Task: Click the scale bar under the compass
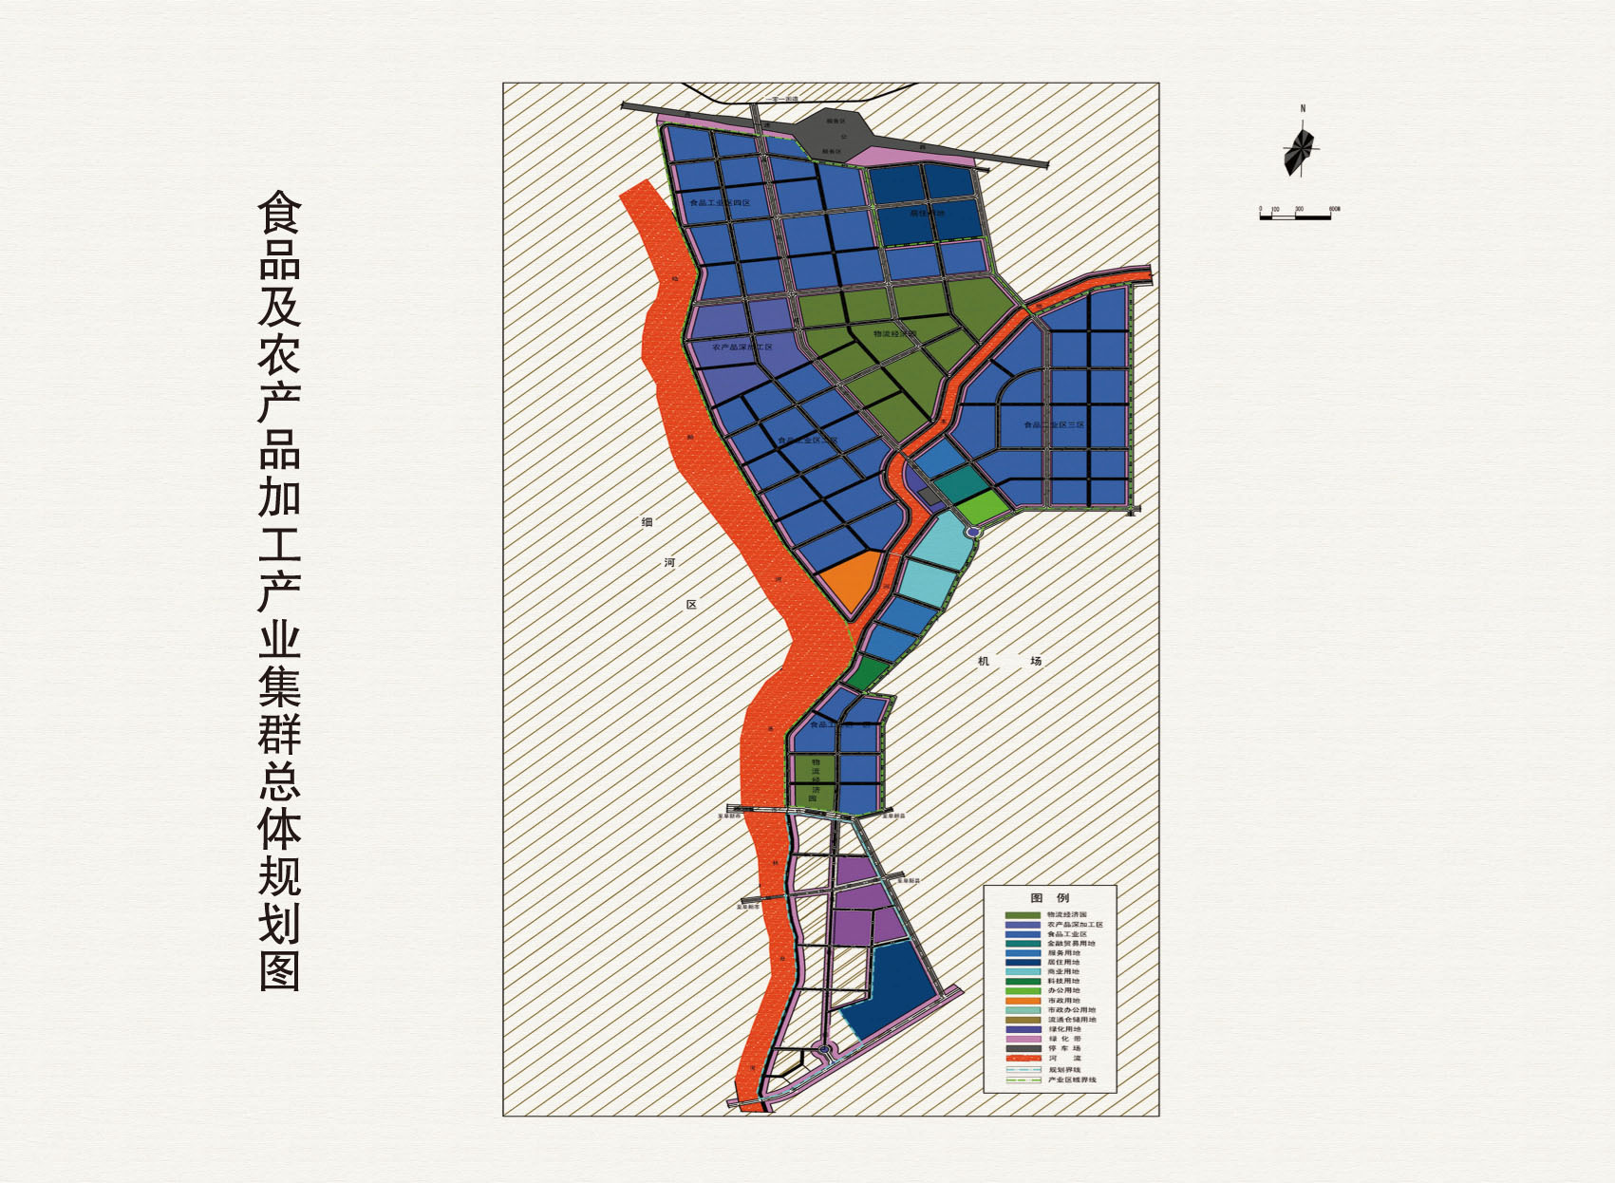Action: [x=1297, y=216]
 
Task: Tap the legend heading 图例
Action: [x=1049, y=897]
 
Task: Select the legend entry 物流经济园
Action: [x=1065, y=914]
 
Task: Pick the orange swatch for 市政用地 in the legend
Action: [x=1023, y=1001]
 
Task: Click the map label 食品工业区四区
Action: [x=720, y=203]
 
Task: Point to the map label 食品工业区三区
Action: [x=1053, y=425]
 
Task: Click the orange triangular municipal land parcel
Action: [x=848, y=579]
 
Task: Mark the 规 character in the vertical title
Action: [x=279, y=873]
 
